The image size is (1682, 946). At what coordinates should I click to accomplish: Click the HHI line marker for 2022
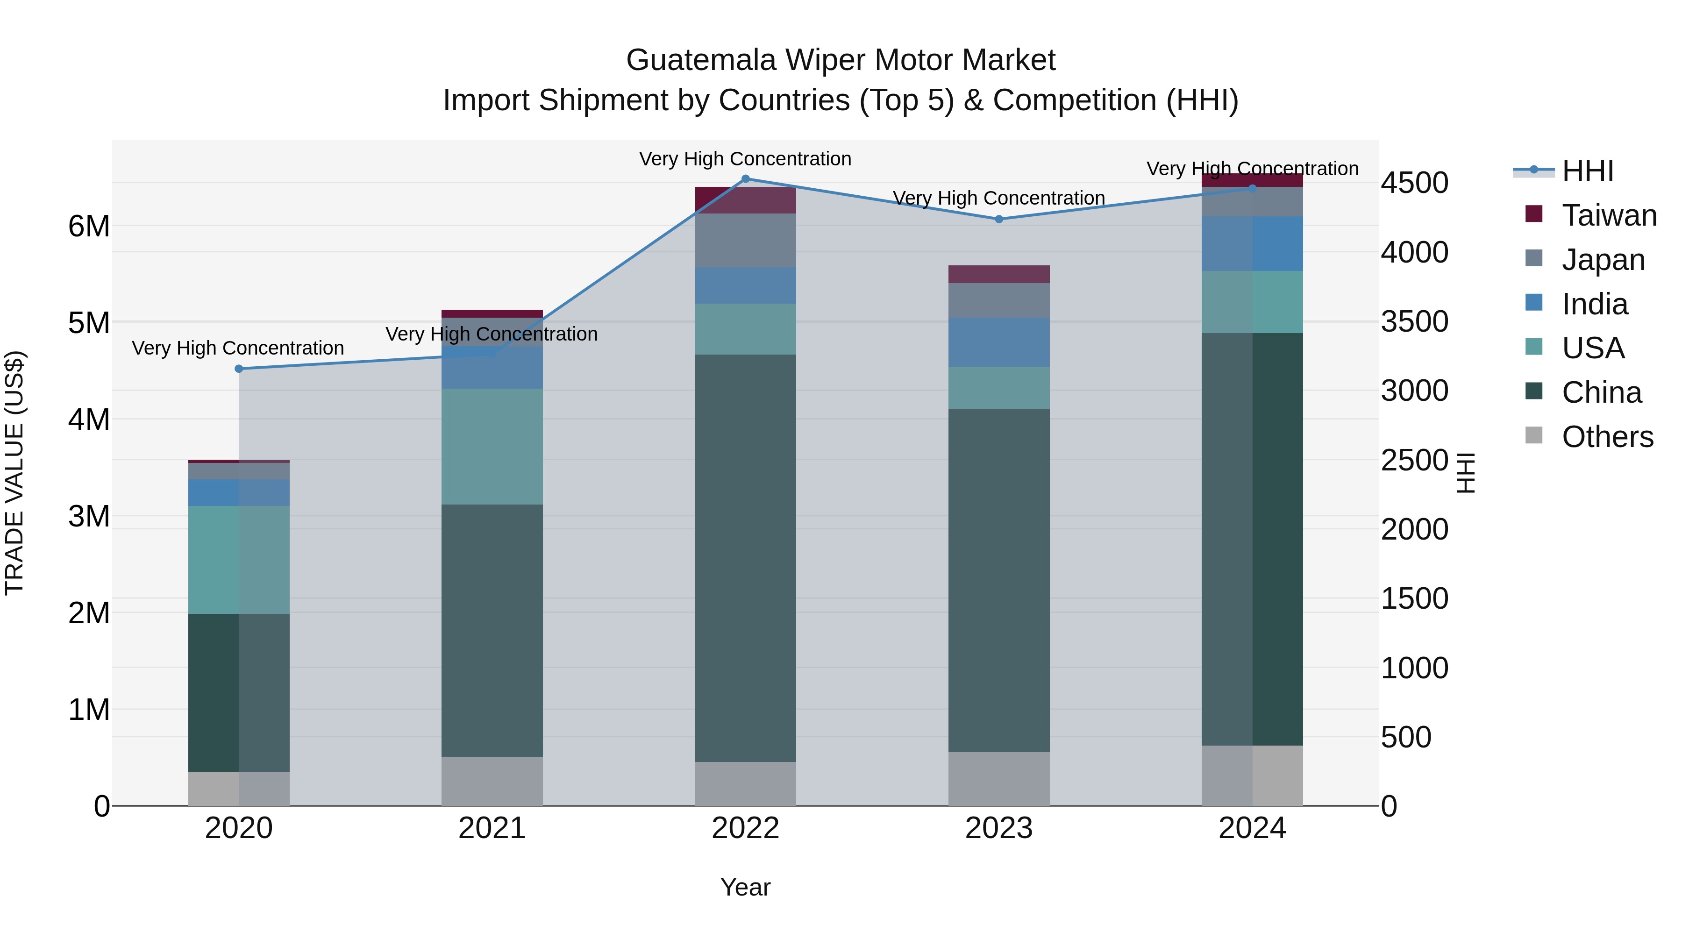[746, 179]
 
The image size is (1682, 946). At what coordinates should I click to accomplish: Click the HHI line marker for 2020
[239, 369]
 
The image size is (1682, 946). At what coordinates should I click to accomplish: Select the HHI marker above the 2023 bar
[999, 220]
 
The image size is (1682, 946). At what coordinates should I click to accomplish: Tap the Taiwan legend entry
[1609, 215]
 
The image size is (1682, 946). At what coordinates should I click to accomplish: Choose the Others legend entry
[1607, 437]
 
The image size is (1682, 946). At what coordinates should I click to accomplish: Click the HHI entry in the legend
[1587, 171]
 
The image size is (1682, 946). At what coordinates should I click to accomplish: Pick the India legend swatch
[1534, 303]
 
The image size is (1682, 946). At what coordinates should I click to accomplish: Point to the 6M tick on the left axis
[89, 227]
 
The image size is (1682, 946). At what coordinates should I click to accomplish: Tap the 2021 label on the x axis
[492, 828]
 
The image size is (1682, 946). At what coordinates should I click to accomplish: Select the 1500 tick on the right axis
[1414, 599]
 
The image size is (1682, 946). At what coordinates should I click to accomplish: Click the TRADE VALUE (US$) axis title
[14, 473]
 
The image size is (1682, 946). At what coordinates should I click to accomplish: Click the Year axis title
[745, 887]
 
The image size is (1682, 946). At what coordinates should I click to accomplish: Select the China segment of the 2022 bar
[746, 558]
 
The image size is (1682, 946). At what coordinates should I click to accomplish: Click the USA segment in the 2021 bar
[492, 447]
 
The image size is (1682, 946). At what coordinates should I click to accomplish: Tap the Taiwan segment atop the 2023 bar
[999, 274]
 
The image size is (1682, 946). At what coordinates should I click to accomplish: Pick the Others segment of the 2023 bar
[999, 778]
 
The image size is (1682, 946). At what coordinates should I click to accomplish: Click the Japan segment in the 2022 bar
[746, 240]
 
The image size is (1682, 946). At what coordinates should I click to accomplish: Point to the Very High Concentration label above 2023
[999, 198]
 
